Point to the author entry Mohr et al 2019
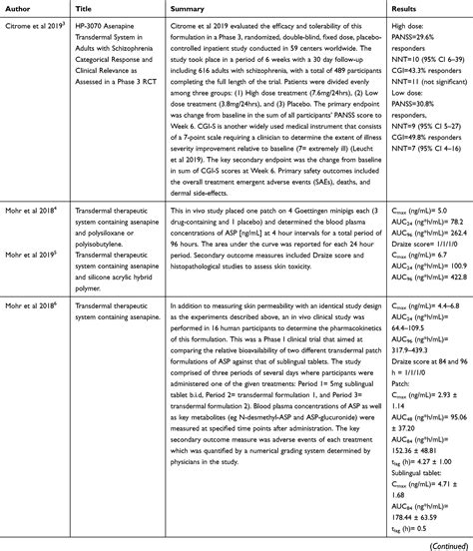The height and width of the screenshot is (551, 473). point(34,254)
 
